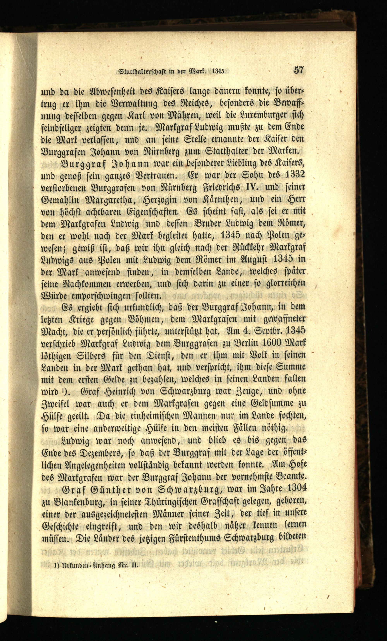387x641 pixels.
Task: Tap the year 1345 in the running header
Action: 219,71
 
